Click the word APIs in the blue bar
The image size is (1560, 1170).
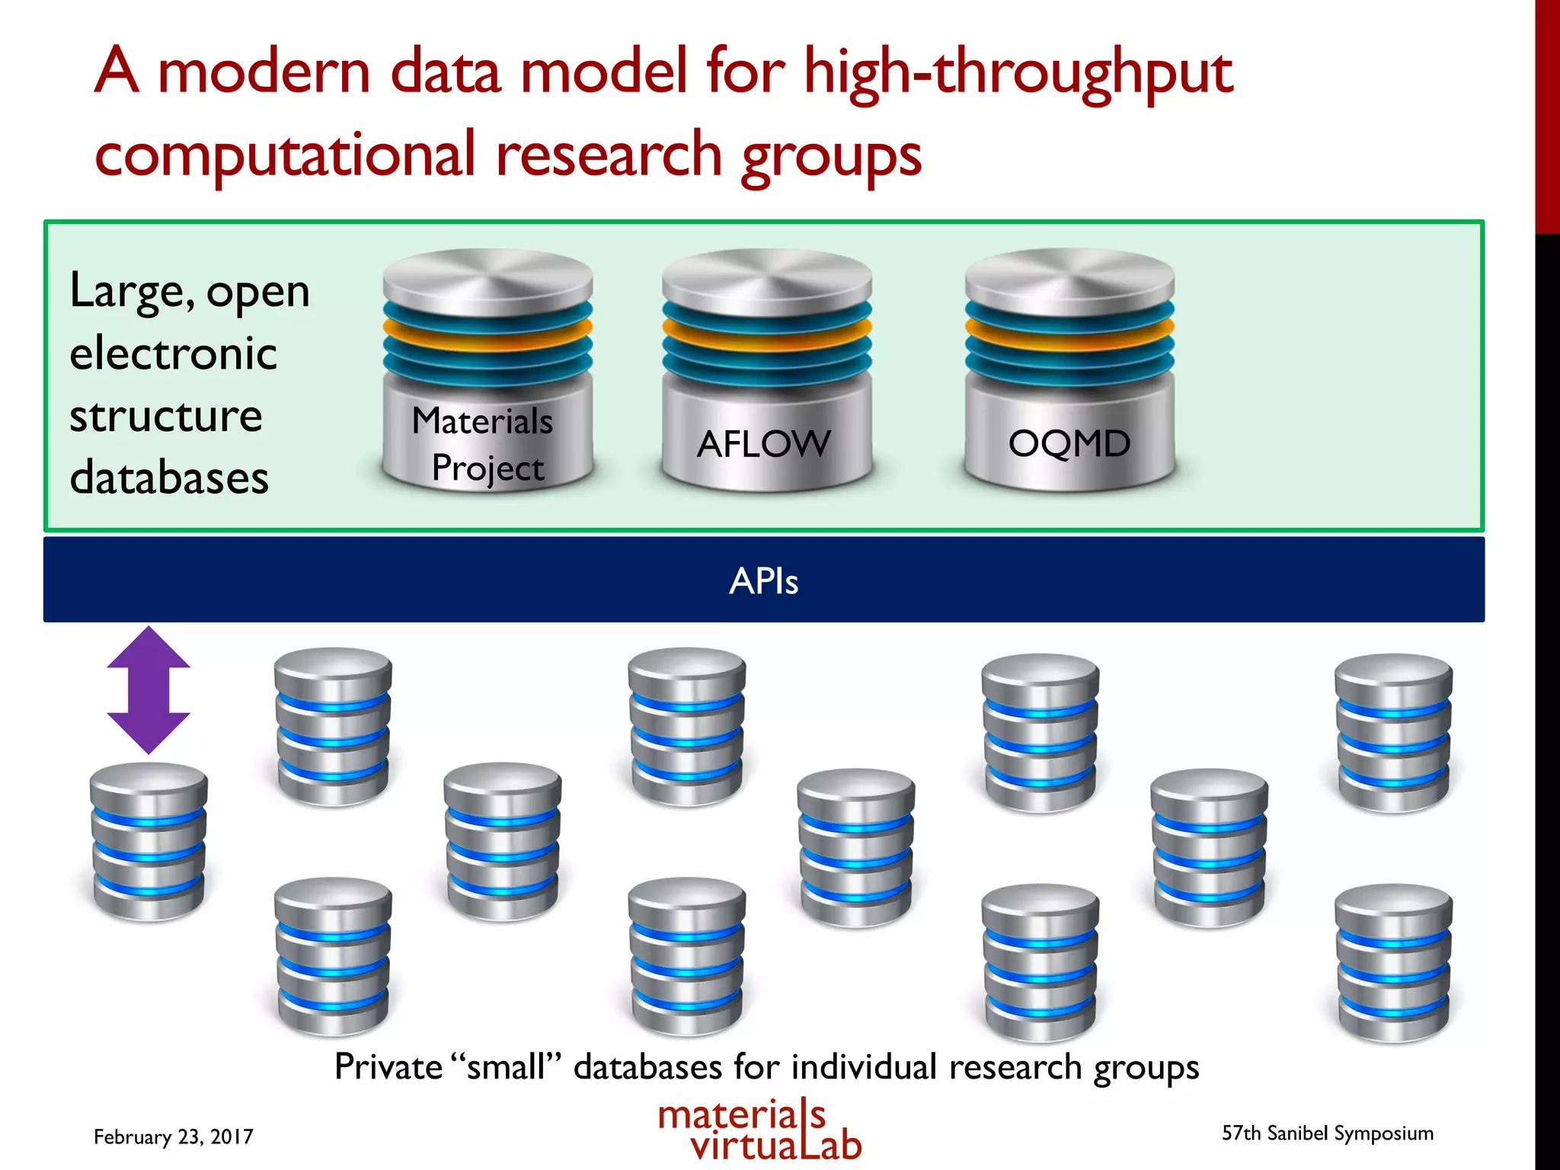(763, 581)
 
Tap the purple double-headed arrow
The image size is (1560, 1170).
(149, 690)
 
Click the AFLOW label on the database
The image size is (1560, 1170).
(763, 444)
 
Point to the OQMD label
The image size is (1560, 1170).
(1069, 443)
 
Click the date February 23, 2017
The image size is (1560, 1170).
(173, 1136)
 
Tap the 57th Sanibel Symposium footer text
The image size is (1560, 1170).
(1327, 1133)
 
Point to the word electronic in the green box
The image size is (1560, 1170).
(173, 353)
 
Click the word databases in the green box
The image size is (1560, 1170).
(169, 478)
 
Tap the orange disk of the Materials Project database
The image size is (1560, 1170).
(487, 330)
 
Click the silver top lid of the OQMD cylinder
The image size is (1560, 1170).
(1069, 278)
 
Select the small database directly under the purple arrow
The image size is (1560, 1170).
(149, 842)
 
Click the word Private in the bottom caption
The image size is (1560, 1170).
(388, 1066)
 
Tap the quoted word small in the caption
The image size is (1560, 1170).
(506, 1066)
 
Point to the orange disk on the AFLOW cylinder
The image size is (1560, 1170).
(766, 330)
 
